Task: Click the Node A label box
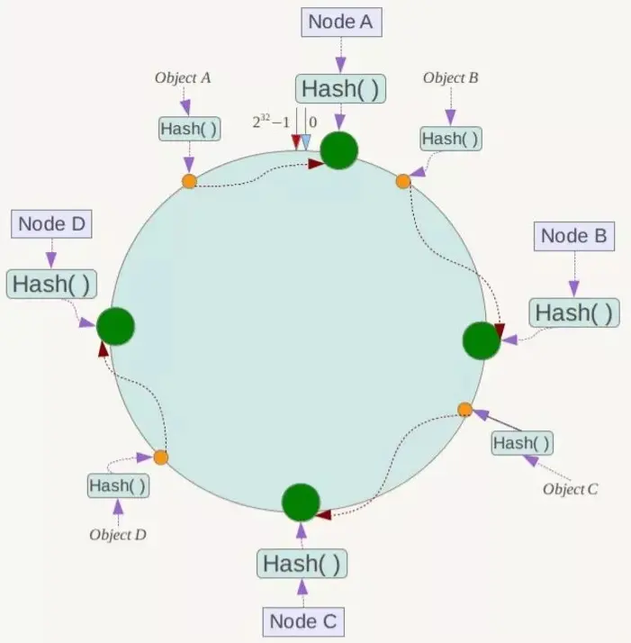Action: point(340,23)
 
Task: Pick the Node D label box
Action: point(51,223)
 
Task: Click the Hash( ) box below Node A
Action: point(340,88)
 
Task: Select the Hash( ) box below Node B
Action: point(574,312)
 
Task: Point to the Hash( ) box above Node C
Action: point(302,564)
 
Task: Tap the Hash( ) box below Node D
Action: point(50,283)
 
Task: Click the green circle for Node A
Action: point(339,150)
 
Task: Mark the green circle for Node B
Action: point(481,340)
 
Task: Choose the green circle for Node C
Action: point(301,503)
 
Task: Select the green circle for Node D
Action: point(115,326)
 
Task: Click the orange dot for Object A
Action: point(189,181)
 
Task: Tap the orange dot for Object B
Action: point(403,181)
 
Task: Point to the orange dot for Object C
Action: point(464,410)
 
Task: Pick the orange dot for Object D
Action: point(160,457)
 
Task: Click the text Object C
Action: point(570,489)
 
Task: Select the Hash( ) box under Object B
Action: point(450,139)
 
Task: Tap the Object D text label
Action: point(117,534)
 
